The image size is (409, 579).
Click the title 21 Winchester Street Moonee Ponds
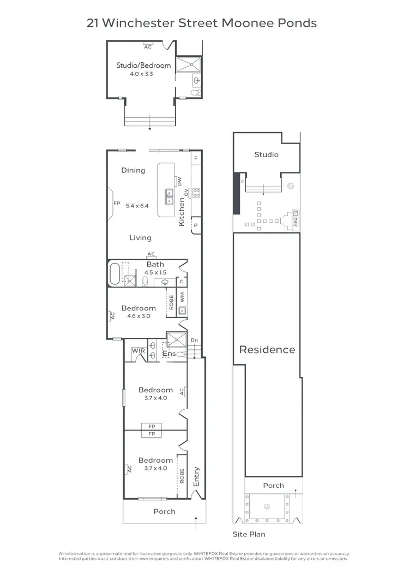pyautogui.click(x=202, y=23)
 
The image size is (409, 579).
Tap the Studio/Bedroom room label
pyautogui.click(x=143, y=65)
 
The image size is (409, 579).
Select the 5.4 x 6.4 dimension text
pyautogui.click(x=137, y=206)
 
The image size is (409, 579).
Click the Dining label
pyautogui.click(x=133, y=170)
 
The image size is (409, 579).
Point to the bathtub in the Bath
pyautogui.click(x=115, y=274)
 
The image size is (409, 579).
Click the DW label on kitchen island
pyautogui.click(x=177, y=181)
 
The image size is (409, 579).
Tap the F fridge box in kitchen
pyautogui.click(x=195, y=158)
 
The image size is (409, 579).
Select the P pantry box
pyautogui.click(x=195, y=225)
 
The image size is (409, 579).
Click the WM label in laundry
pyautogui.click(x=182, y=297)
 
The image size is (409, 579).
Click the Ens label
pyautogui.click(x=169, y=354)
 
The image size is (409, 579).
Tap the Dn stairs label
pyautogui.click(x=194, y=341)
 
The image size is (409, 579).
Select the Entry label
pyautogui.click(x=196, y=477)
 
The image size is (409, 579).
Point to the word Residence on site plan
pyautogui.click(x=267, y=350)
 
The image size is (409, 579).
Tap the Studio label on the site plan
pyautogui.click(x=266, y=154)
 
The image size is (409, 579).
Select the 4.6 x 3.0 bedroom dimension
pyautogui.click(x=139, y=316)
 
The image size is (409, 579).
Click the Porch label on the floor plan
pyautogui.click(x=164, y=511)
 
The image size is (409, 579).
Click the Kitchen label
pyautogui.click(x=182, y=212)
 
